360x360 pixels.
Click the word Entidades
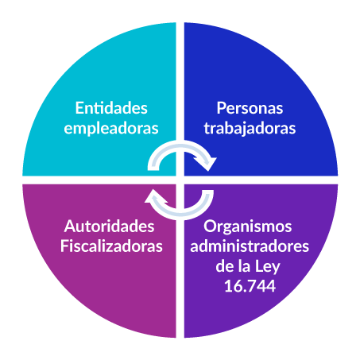[x=111, y=108]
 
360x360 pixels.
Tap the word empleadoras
[x=111, y=129]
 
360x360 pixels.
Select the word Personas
[x=250, y=108]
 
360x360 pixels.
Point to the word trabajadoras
[x=250, y=129]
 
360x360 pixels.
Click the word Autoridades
[x=109, y=226]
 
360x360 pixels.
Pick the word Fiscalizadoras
[x=111, y=246]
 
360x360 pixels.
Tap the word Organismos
[x=248, y=226]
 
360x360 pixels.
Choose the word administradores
[x=250, y=246]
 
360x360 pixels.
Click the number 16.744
[x=250, y=286]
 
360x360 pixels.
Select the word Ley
[x=267, y=267]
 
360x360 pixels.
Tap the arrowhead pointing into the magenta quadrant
[x=154, y=197]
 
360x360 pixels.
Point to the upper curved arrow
[x=180, y=145]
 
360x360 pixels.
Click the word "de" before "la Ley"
[x=225, y=266]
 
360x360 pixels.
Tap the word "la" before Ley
[x=244, y=266]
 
